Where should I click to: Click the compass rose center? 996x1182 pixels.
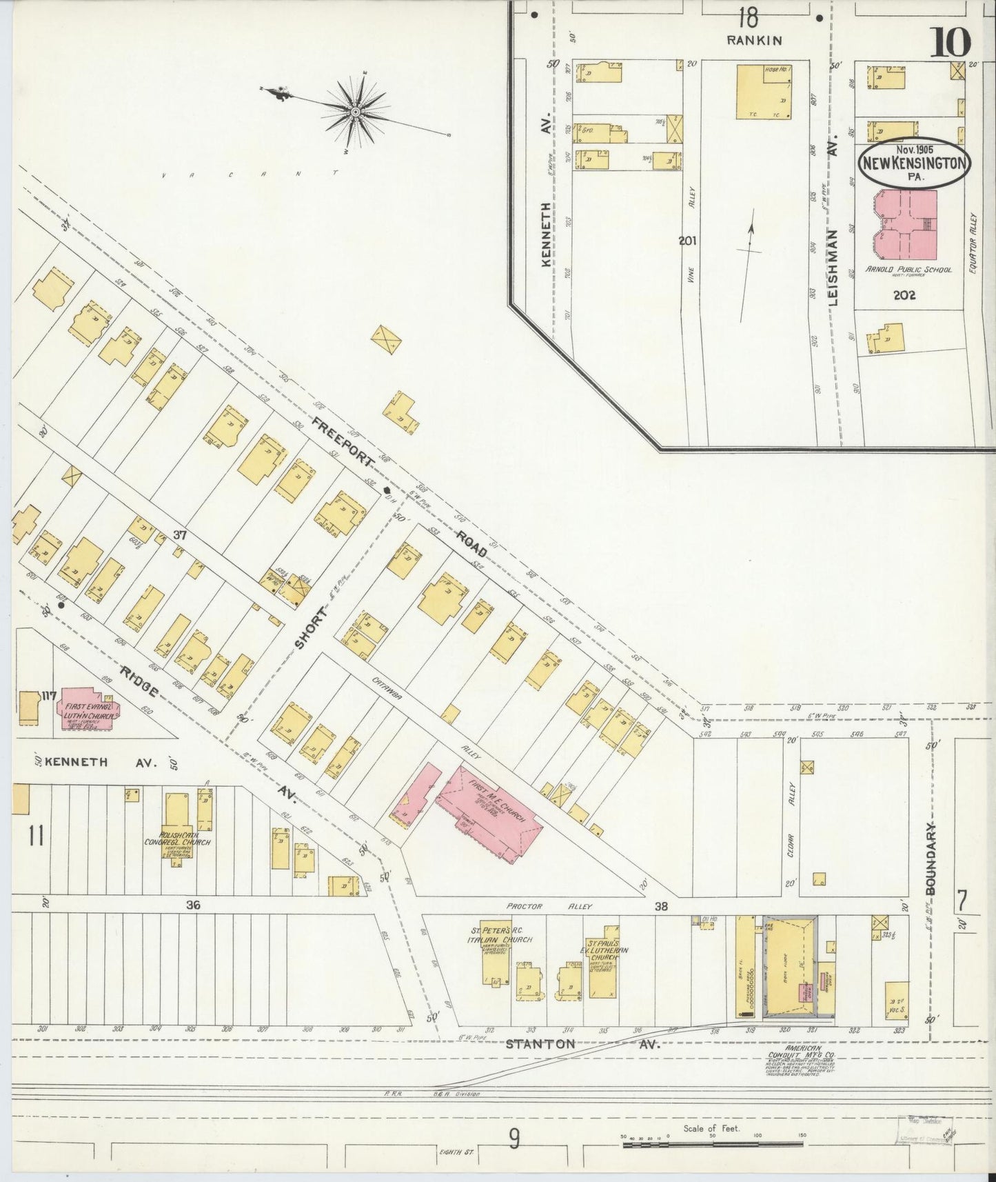[x=355, y=111]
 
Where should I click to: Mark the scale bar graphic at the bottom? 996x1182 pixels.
[x=713, y=1144]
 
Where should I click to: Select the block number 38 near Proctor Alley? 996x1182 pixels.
[x=661, y=905]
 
